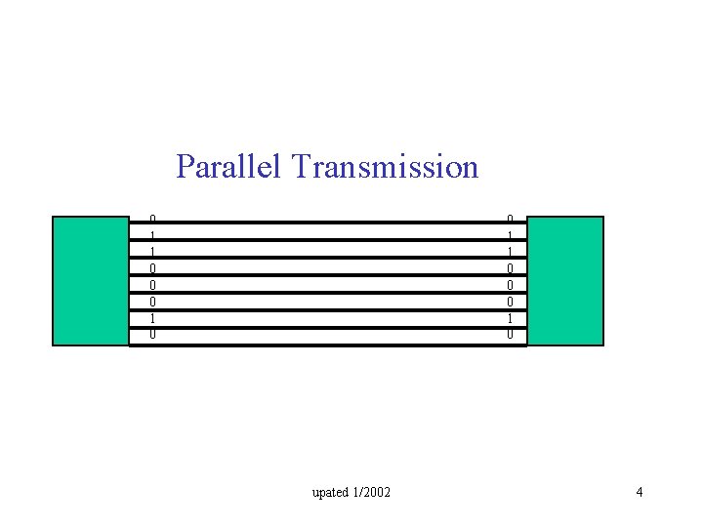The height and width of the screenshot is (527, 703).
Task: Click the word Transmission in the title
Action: click(x=385, y=167)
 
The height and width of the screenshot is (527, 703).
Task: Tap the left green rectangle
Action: click(x=91, y=281)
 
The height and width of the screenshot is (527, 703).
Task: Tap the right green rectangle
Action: click(x=564, y=281)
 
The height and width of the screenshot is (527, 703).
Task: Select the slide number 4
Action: click(x=639, y=492)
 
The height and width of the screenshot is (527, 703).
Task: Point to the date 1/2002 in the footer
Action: click(x=372, y=492)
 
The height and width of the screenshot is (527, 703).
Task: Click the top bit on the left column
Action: click(x=152, y=219)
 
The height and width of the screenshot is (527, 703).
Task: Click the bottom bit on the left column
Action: click(x=152, y=335)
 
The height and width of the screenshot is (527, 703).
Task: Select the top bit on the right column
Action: click(x=509, y=219)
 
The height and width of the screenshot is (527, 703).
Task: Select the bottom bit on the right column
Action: click(x=509, y=335)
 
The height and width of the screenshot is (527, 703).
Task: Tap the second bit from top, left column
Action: click(x=152, y=235)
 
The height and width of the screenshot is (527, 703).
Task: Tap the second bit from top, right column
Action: click(x=509, y=235)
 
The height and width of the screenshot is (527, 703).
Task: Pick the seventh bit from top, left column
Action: click(x=152, y=318)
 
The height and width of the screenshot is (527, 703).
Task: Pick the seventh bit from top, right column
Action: click(x=509, y=318)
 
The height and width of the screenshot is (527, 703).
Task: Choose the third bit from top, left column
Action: click(x=152, y=252)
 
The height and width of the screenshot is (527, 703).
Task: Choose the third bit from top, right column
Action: click(x=509, y=252)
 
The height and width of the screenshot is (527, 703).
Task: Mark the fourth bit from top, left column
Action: click(x=152, y=268)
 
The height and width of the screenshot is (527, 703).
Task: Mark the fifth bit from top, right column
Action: click(x=509, y=285)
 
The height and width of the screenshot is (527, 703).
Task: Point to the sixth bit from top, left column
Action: click(x=152, y=302)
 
